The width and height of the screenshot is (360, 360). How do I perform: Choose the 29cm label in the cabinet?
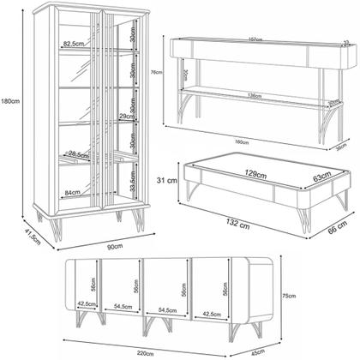pyautogui.click(x=123, y=117)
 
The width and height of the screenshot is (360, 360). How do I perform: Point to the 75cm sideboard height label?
pyautogui.click(x=290, y=295)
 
